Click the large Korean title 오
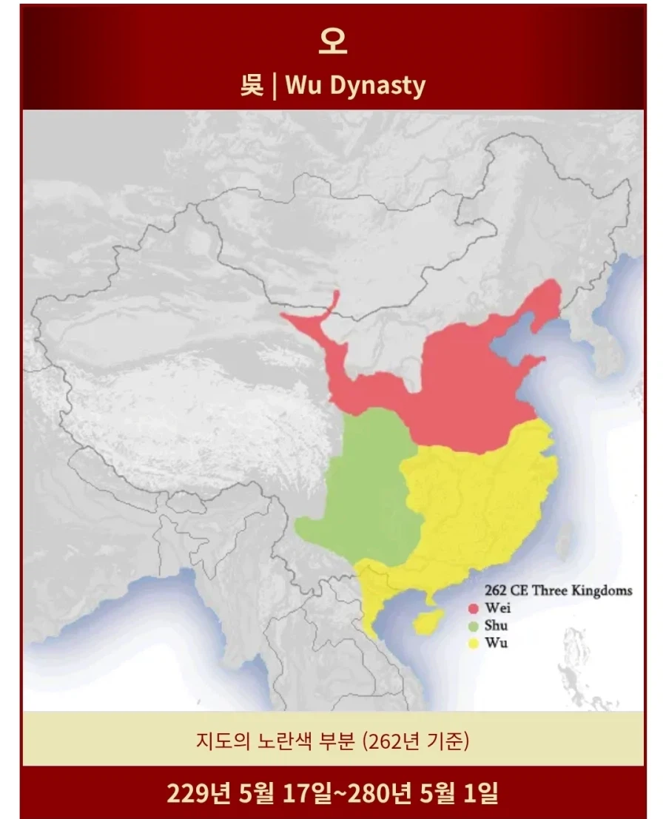click(x=332, y=42)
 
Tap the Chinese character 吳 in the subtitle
click(x=252, y=86)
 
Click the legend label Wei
click(x=498, y=608)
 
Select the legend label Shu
click(x=497, y=626)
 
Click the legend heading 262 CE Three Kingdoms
click(x=558, y=590)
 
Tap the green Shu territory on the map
click(x=366, y=488)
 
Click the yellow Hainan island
click(x=427, y=621)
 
